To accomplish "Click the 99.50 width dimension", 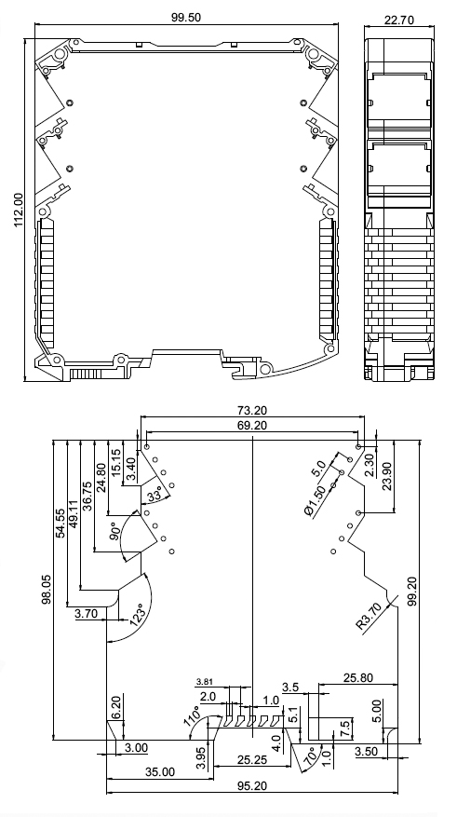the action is [186, 17].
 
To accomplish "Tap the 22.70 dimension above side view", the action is [398, 20].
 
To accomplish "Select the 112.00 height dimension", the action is [19, 210].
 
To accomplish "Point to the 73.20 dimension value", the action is [252, 411].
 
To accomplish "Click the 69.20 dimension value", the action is [252, 426].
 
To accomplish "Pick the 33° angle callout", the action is [155, 496].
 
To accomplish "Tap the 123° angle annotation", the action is [138, 614].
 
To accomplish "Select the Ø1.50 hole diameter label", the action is [316, 500].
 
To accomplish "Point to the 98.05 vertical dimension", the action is [47, 590].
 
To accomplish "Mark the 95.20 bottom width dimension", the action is [252, 785].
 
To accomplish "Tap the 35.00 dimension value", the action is [160, 771].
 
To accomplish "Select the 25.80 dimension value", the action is [358, 678].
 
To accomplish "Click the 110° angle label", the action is [192, 715].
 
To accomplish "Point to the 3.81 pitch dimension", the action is [205, 682].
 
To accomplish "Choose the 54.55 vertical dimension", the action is [60, 524].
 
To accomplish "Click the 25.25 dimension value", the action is [252, 759].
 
